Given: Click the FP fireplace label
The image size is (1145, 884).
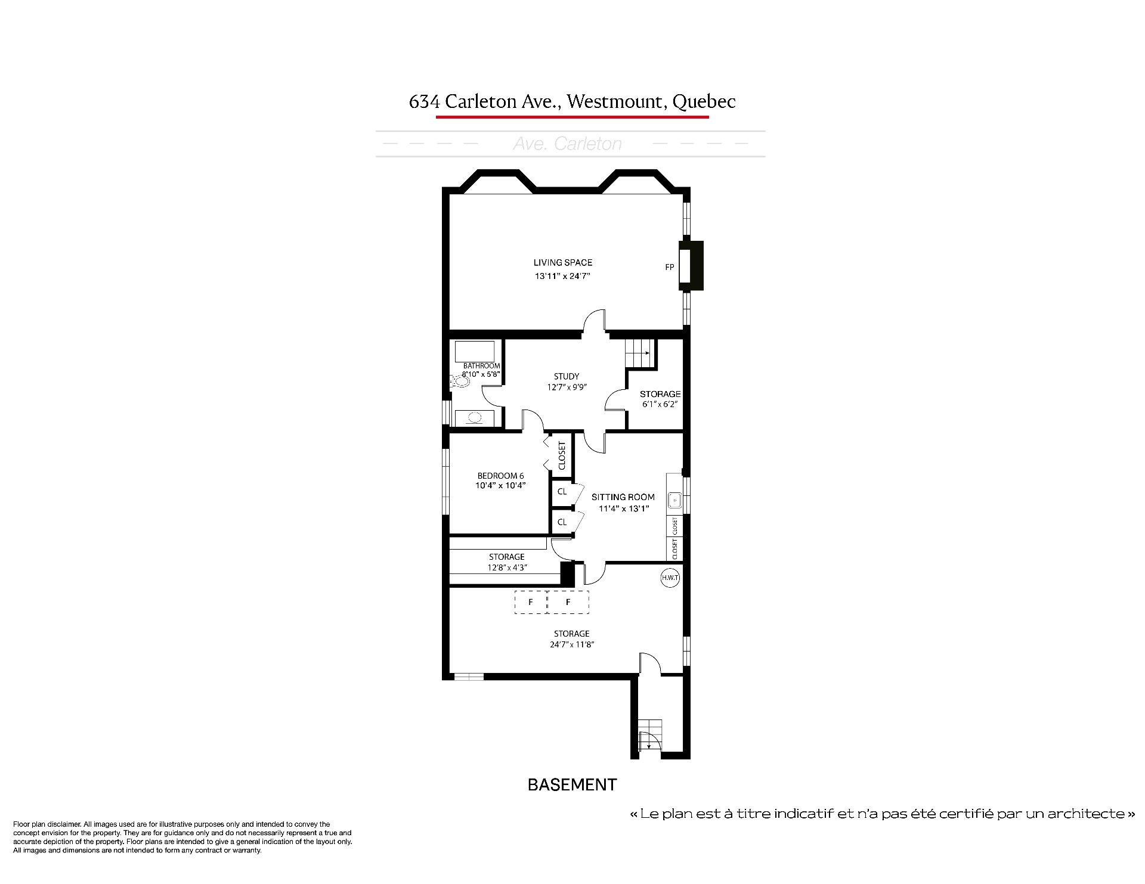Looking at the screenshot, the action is [x=669, y=267].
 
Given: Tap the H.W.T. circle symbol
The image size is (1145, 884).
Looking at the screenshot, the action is [x=670, y=578].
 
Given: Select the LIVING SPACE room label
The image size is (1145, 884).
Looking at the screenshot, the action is [x=563, y=262].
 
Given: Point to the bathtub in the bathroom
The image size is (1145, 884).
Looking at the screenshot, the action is [x=475, y=351].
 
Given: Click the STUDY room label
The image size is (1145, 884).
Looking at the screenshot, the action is [x=567, y=376].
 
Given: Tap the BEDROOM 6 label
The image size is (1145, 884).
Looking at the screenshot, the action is [x=501, y=476].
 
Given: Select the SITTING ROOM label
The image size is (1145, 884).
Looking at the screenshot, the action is [x=623, y=497].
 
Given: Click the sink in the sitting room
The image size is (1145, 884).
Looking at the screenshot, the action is [x=674, y=500].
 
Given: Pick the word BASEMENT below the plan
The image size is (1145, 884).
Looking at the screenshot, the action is [x=572, y=785].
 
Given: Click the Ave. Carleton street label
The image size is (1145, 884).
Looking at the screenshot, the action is [x=568, y=144].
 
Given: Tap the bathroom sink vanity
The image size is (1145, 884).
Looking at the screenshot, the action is [x=475, y=418].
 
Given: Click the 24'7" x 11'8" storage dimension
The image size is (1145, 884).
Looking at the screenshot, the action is [x=571, y=644].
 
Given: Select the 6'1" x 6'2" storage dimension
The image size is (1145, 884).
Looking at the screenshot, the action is [x=660, y=404].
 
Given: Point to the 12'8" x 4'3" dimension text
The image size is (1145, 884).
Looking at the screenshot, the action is [x=507, y=567].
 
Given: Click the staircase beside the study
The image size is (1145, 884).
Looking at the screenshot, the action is [x=639, y=354].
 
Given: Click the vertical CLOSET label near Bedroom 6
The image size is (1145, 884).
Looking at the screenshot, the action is [x=562, y=455].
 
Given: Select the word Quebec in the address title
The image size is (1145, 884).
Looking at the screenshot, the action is [x=704, y=102].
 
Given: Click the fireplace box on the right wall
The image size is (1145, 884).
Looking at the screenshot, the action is [x=691, y=266].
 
